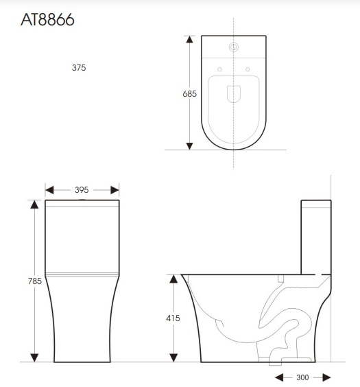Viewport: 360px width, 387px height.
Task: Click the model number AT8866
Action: pyautogui.click(x=47, y=21)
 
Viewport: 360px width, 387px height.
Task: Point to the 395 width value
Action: pyautogui.click(x=82, y=189)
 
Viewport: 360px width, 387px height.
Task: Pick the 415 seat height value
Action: pyautogui.click(x=173, y=318)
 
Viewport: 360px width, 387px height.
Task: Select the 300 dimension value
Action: pyautogui.click(x=302, y=377)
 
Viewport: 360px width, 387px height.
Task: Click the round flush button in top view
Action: pyautogui.click(x=234, y=47)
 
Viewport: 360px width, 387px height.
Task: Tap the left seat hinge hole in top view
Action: pyautogui.click(x=219, y=69)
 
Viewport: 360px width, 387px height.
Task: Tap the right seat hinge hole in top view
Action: pyautogui.click(x=248, y=69)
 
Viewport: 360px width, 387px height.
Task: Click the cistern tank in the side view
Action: pyautogui.click(x=316, y=237)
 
